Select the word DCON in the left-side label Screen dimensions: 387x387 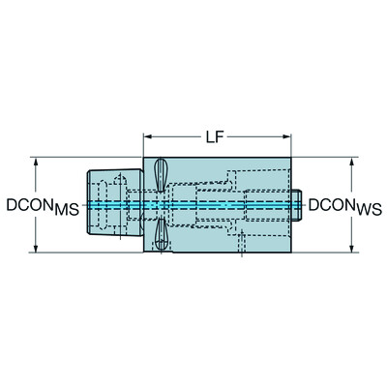tap(30, 205)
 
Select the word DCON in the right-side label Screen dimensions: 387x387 tap(332, 205)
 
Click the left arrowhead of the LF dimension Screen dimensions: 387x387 tap(148, 137)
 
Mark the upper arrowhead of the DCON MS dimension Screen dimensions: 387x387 tap(37, 162)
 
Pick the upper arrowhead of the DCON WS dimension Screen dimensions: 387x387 tap(350, 162)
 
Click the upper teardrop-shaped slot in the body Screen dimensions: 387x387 tap(159, 175)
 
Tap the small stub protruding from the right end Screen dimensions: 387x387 tap(301, 205)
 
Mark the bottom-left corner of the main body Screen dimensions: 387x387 tap(144, 253)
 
